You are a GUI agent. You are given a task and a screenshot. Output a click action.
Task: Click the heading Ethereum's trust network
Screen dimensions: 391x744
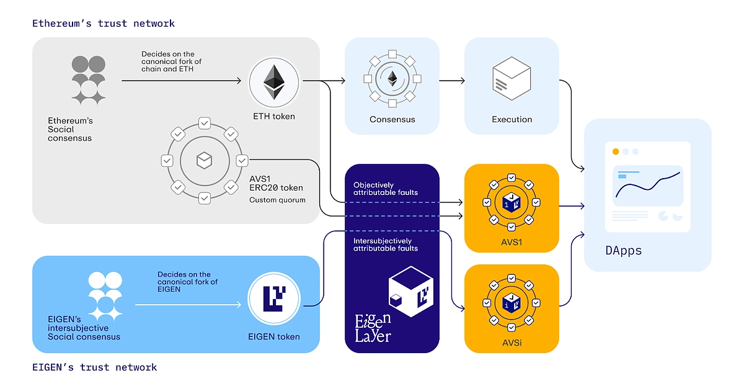coord(104,24)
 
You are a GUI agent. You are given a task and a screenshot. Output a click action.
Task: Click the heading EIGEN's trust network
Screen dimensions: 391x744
coord(95,367)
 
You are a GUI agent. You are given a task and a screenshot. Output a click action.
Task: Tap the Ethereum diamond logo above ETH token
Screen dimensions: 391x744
coord(273,83)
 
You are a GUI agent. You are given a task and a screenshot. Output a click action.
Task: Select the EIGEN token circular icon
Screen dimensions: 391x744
coord(273,300)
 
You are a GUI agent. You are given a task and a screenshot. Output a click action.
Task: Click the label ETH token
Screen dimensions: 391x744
coord(273,116)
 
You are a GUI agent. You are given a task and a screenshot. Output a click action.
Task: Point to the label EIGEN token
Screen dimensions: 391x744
coord(273,336)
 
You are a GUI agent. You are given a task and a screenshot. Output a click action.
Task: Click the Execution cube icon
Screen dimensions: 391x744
coord(511,81)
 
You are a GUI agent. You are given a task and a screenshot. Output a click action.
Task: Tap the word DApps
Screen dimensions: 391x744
coord(623,251)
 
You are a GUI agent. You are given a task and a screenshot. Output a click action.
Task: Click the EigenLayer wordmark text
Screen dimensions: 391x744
coord(373,328)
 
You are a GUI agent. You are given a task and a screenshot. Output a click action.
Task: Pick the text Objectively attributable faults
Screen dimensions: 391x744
coord(386,189)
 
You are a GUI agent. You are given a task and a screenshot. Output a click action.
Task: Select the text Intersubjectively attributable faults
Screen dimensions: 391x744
coord(386,245)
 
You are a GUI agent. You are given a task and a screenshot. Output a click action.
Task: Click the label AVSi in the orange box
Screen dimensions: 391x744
coord(511,343)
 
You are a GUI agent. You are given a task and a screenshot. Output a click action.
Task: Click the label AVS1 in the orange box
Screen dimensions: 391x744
coord(511,242)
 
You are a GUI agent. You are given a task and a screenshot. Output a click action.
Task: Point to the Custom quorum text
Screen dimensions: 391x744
coord(277,200)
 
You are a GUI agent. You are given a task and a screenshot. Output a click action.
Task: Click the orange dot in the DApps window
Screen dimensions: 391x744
coord(616,151)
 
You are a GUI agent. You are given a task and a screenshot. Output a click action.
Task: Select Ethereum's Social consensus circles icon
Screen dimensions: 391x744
coord(88,79)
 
